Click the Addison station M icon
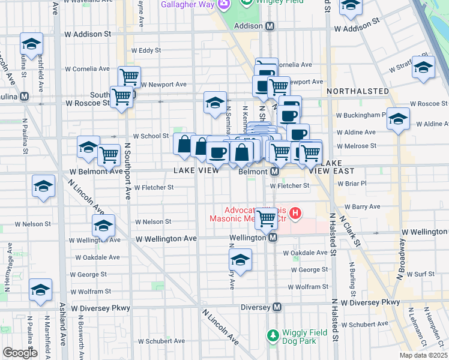270,26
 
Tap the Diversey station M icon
277,307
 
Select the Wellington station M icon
273,238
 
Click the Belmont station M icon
274,172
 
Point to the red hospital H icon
295,212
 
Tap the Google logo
20,353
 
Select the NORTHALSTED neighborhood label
357,91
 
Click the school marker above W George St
240,260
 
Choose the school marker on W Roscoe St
215,102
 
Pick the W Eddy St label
142,50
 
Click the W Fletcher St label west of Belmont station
154,187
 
